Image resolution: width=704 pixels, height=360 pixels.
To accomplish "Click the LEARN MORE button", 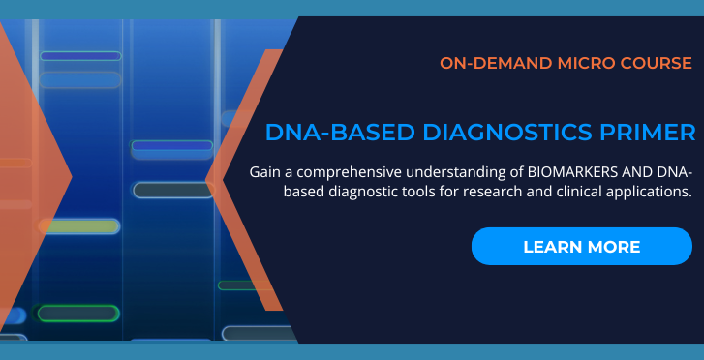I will (582, 246).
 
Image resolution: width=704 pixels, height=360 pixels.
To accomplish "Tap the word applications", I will (648, 192).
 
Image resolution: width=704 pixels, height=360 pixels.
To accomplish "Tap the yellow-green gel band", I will (78, 226).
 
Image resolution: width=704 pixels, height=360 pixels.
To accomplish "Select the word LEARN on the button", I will (551, 247).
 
